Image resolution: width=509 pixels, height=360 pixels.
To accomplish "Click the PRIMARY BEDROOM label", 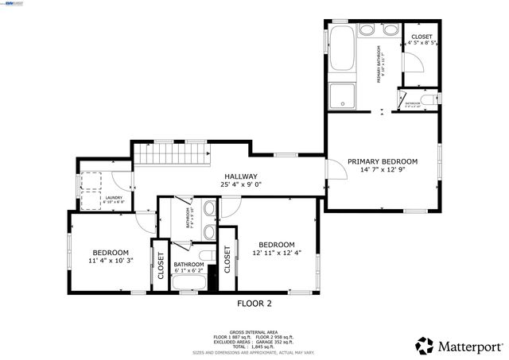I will click(x=383, y=161).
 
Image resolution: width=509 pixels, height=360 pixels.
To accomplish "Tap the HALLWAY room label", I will click(x=240, y=176).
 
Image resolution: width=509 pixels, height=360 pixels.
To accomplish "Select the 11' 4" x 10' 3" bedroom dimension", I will click(x=110, y=260).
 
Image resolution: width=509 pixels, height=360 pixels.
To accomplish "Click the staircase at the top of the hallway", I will click(x=171, y=153).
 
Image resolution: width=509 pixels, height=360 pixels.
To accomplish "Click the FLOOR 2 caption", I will click(x=254, y=303).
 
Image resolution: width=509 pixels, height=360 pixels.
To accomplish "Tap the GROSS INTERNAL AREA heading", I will click(x=254, y=331).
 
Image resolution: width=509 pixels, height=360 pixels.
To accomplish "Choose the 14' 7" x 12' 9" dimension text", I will click(x=383, y=169).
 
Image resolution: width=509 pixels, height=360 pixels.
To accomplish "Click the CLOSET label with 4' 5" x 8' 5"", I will click(x=421, y=37).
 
